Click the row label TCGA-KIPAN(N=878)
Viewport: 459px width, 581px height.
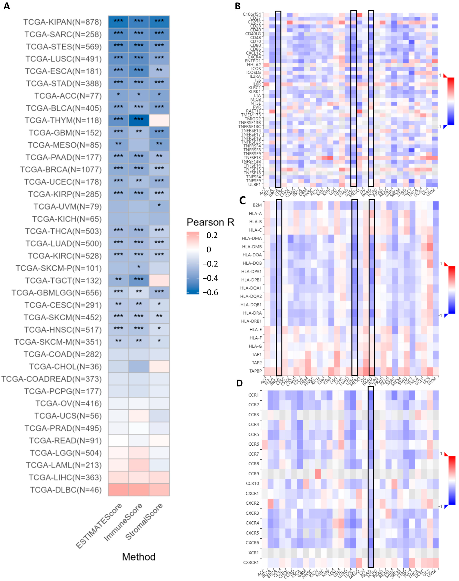click(x=62, y=22)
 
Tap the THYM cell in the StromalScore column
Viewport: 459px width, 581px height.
click(x=159, y=121)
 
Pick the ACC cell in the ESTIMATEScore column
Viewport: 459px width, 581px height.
click(x=118, y=96)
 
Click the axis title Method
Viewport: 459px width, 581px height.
click(x=139, y=557)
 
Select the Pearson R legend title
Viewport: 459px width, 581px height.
click(x=210, y=222)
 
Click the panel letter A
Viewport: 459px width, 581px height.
click(x=7, y=6)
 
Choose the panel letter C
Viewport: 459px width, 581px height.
click(x=242, y=200)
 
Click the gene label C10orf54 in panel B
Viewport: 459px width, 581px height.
click(x=252, y=14)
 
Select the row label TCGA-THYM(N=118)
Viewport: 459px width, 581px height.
click(x=63, y=121)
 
